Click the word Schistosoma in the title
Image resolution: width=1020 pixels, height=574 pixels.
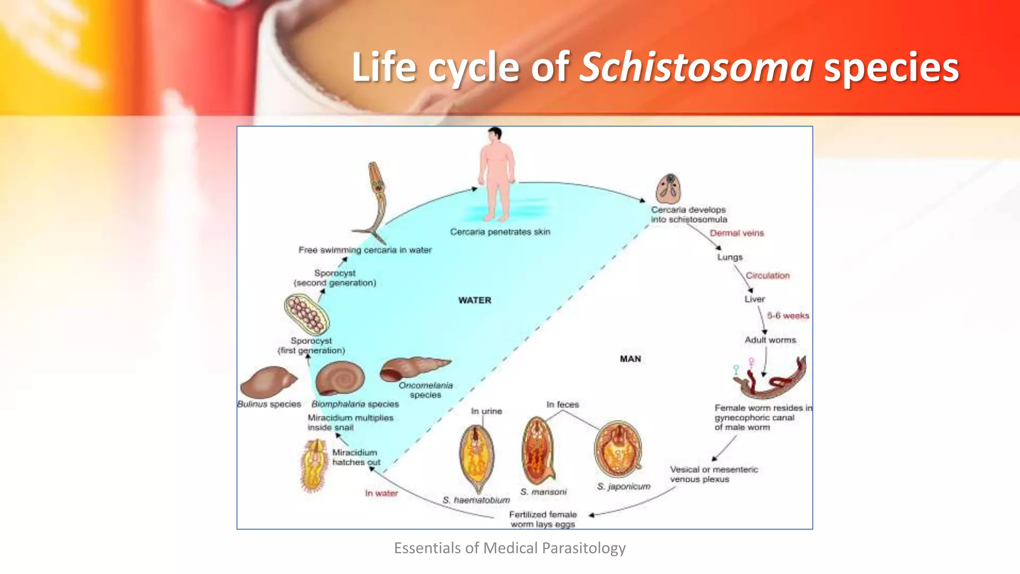[696, 67]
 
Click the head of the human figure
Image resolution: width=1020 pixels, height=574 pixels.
[495, 134]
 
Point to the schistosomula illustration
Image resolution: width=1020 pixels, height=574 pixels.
[668, 189]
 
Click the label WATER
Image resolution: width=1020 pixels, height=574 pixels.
[475, 300]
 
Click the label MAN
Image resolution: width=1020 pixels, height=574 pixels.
[631, 359]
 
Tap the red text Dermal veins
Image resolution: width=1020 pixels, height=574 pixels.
[737, 233]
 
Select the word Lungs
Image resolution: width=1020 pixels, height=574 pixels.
[730, 257]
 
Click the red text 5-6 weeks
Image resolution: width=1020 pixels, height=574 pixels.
[788, 316]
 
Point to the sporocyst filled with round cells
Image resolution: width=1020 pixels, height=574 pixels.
[307, 314]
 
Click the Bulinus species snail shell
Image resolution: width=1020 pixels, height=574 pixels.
[268, 383]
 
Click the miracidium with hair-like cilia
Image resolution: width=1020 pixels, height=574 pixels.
[314, 465]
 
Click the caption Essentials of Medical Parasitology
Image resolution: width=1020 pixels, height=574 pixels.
[510, 548]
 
